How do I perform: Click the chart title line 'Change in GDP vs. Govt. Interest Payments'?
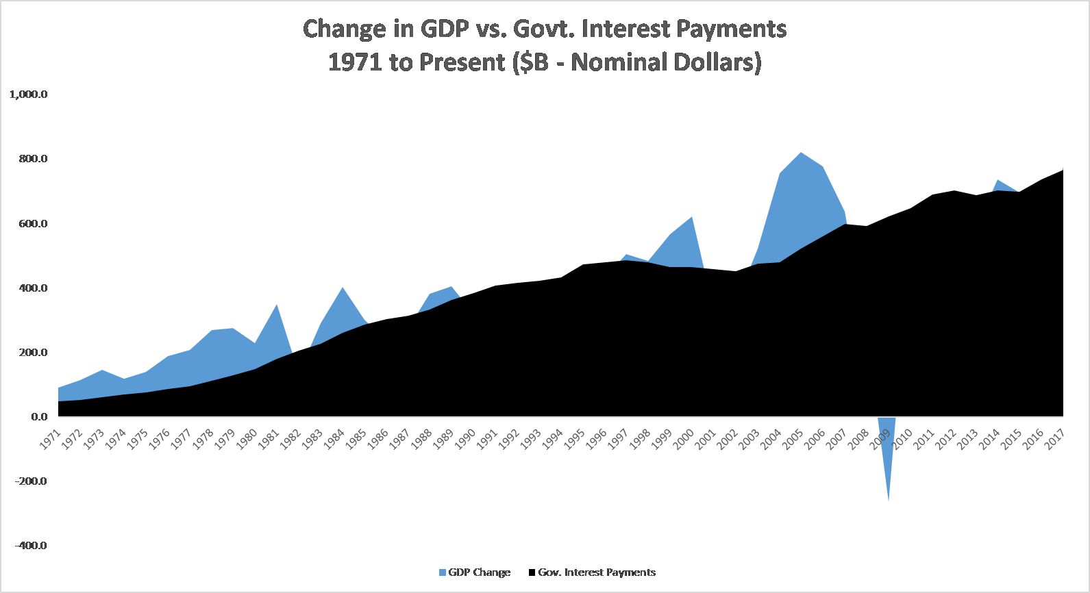point(545,29)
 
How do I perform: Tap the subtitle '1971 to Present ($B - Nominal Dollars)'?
point(545,62)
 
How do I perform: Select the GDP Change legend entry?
point(475,572)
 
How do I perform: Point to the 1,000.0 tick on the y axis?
point(29,94)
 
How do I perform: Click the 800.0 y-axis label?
point(34,159)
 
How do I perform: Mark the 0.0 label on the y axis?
point(39,416)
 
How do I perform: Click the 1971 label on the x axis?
point(51,439)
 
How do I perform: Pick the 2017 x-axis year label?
point(1054,439)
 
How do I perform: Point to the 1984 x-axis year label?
point(334,439)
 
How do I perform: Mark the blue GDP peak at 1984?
point(343,288)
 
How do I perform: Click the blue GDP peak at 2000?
point(692,218)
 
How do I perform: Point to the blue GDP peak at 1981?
point(277,305)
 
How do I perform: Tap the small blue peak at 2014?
point(998,181)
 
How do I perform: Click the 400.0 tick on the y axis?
point(34,288)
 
